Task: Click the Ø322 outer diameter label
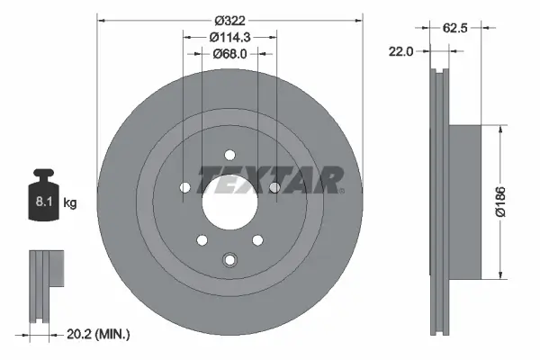[x=229, y=17]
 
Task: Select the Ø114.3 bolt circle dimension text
[x=229, y=37]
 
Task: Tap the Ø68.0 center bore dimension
[x=229, y=54]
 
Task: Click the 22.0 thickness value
[x=401, y=51]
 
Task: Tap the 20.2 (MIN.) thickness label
[x=99, y=335]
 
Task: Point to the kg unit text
[x=70, y=203]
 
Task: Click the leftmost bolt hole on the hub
[x=185, y=188]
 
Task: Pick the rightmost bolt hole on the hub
[x=274, y=188]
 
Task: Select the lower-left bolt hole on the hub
[x=202, y=239]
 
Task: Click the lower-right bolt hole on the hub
[x=257, y=239]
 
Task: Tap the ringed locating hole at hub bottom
[x=229, y=261]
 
